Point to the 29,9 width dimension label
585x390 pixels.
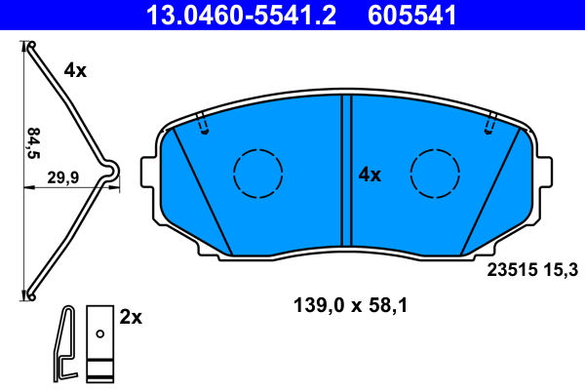[63, 177]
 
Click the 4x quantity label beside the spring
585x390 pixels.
[75, 70]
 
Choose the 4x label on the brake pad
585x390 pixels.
[370, 175]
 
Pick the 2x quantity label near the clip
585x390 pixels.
[131, 317]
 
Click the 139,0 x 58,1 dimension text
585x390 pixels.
[349, 305]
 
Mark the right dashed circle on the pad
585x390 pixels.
[436, 174]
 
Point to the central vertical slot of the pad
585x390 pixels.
[345, 172]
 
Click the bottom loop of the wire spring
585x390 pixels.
[31, 292]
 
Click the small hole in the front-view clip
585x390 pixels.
[99, 334]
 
